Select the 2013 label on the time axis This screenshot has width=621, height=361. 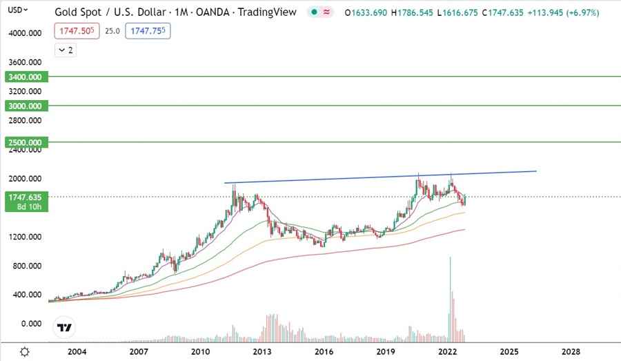tap(262, 352)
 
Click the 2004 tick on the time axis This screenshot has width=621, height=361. tap(77, 352)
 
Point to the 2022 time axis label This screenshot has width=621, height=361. tap(447, 352)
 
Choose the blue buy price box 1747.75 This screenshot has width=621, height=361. tap(148, 31)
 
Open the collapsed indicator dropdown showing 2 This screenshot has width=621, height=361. tap(66, 50)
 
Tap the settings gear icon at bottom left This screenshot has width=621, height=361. tap(25, 351)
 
